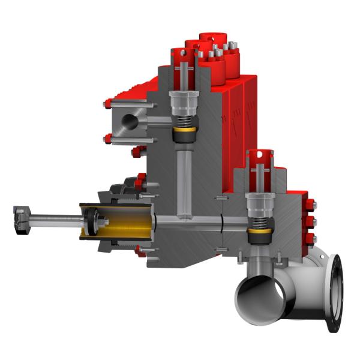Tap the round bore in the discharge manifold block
(x=129, y=121)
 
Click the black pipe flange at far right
(x=334, y=292)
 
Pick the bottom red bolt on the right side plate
(x=310, y=238)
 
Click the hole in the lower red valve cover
(x=260, y=158)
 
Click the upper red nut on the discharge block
(x=107, y=104)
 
